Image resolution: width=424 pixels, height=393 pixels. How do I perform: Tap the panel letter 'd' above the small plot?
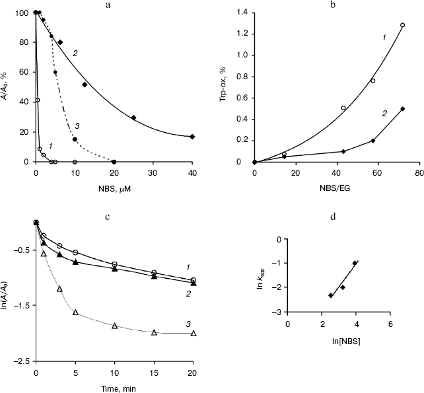339,215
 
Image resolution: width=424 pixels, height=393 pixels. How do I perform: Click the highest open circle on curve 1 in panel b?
402,25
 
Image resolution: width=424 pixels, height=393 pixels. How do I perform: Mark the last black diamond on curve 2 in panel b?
402,109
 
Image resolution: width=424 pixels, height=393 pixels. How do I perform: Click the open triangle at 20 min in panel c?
193,333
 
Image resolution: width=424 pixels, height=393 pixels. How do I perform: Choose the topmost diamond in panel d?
355,263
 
